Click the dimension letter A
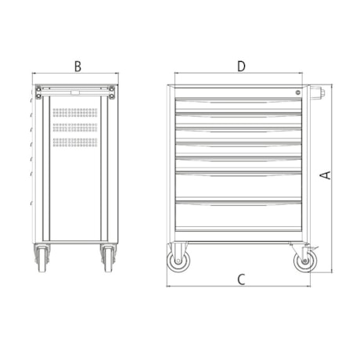tap(326, 175)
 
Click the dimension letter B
tap(77, 67)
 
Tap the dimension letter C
tap(241, 279)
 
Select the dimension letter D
tap(241, 67)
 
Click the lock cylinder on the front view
tap(297, 92)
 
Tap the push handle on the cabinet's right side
tap(318, 92)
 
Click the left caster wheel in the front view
tap(178, 261)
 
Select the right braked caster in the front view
tap(304, 261)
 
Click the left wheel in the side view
tap(42, 259)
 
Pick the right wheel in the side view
tap(108, 259)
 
